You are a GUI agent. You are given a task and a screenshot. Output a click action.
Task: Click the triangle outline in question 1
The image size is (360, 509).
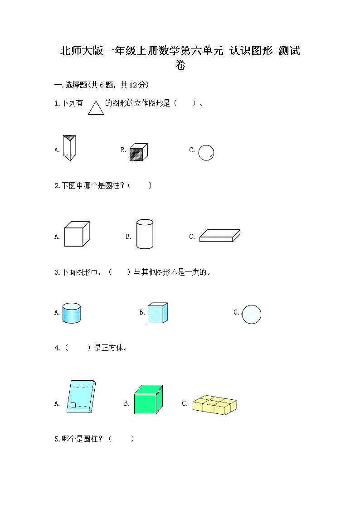(96, 108)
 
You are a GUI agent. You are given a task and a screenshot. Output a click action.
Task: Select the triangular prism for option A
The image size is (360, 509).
(69, 148)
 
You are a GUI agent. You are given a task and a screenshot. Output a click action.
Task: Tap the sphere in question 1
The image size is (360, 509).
(206, 152)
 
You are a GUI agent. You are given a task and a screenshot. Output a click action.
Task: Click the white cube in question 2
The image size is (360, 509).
(76, 234)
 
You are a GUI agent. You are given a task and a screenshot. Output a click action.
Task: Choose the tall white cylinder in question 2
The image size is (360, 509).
(145, 234)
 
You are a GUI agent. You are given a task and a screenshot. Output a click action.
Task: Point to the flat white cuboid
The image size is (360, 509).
(220, 235)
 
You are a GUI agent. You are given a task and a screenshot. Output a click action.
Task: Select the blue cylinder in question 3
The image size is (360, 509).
(71, 313)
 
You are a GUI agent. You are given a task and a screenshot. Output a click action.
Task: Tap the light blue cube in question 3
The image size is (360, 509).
(158, 313)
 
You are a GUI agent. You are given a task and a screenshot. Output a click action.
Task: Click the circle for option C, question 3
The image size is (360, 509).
(251, 314)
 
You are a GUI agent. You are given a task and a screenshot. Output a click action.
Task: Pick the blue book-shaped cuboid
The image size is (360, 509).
(81, 397)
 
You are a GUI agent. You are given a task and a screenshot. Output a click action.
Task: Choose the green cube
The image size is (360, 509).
(148, 400)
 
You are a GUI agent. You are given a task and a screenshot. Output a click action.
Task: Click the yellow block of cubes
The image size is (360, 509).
(214, 404)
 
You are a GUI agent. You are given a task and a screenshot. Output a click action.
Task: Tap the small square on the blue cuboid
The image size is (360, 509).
(73, 405)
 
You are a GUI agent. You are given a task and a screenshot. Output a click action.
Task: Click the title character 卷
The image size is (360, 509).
(180, 65)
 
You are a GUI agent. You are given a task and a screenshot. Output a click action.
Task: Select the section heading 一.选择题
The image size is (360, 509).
(70, 85)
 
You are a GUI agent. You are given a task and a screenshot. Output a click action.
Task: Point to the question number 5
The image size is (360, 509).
(56, 439)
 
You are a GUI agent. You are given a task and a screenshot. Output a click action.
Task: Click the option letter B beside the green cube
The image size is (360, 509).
(126, 403)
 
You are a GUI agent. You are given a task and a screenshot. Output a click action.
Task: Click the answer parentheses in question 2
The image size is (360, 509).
(140, 185)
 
